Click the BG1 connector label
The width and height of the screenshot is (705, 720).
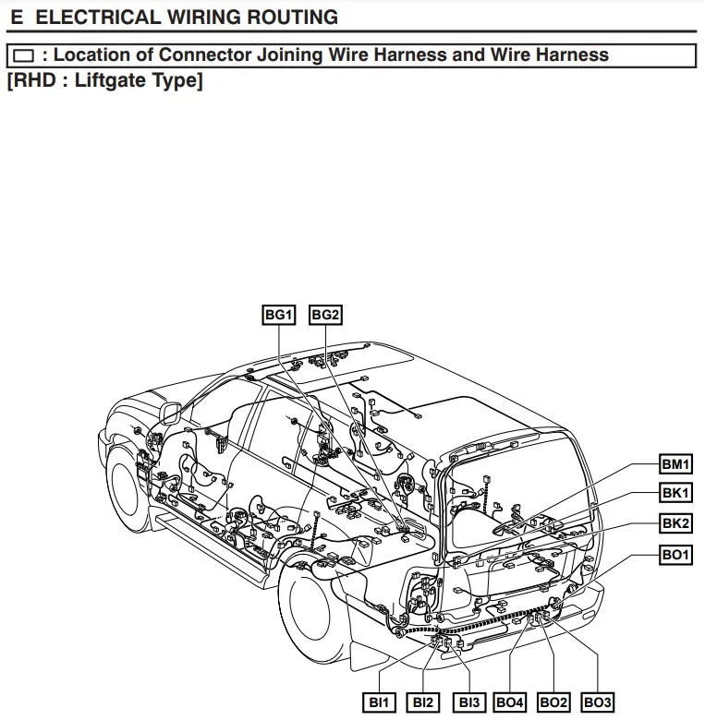tap(279, 316)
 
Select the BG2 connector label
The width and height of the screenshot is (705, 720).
tap(325, 316)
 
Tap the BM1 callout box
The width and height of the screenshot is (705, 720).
tap(675, 463)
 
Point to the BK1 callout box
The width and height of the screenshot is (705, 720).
tap(675, 493)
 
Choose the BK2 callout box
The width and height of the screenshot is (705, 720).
tap(675, 523)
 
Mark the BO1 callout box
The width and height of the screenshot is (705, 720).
tap(675, 555)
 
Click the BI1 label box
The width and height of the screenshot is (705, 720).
tap(380, 703)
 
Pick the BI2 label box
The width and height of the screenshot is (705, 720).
tap(424, 703)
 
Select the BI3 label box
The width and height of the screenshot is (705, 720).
tap(469, 703)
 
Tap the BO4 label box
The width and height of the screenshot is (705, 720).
tap(510, 703)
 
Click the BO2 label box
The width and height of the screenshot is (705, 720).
tap(553, 703)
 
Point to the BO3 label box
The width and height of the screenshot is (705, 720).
tap(598, 703)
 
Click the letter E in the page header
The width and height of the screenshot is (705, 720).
tap(16, 17)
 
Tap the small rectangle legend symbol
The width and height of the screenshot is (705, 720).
tap(23, 55)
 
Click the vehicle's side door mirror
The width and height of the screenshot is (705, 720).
tap(170, 413)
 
